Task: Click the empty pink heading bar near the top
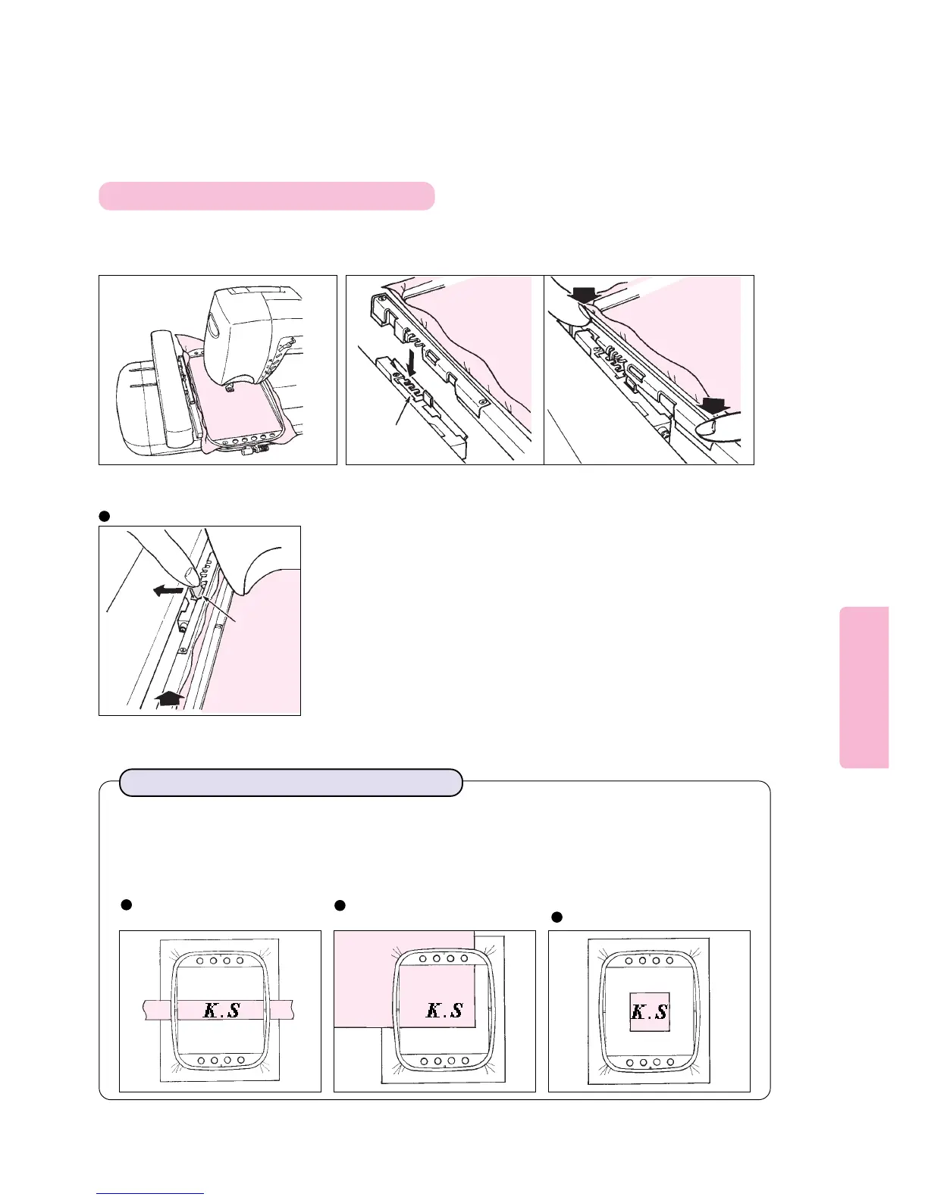click(266, 195)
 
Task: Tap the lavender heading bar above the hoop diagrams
click(291, 783)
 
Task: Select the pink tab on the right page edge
click(864, 687)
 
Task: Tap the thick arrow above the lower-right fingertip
click(716, 408)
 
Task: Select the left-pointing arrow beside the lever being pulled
click(167, 589)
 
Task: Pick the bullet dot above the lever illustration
click(105, 517)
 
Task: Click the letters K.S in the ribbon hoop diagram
click(222, 1010)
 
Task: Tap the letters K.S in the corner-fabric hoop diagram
click(444, 1010)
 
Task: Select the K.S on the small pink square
click(650, 1011)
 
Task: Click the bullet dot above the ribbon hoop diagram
click(127, 904)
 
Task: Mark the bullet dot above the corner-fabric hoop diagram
click(340, 905)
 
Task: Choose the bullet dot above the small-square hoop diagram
click(556, 917)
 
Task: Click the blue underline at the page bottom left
click(150, 1193)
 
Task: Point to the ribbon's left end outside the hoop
click(152, 1010)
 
